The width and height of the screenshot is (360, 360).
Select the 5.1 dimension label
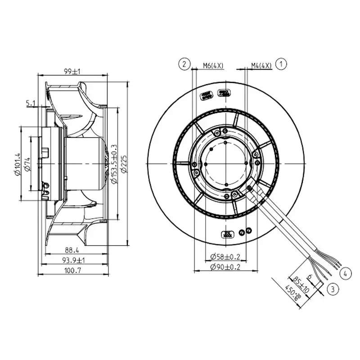31,103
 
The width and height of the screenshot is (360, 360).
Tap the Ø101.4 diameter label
18,165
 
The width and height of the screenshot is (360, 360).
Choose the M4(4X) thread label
261,65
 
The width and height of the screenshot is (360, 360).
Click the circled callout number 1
282,64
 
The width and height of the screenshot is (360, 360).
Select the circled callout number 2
184,64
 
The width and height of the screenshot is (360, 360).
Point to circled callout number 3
333,289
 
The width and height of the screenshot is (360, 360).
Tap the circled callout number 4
345,273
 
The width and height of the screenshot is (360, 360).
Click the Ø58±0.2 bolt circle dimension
225,256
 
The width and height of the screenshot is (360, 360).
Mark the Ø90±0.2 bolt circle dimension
225,267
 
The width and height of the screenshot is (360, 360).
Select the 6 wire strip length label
310,275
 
